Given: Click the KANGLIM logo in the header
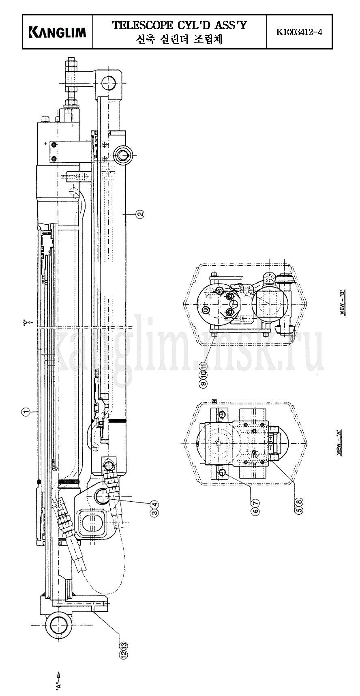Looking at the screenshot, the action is [x=58, y=32].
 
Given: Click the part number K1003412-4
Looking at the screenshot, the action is [x=299, y=32].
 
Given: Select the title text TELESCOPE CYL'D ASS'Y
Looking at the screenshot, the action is [x=179, y=26].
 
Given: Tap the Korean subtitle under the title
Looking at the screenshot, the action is [x=179, y=39].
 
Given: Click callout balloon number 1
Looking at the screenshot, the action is [x=26, y=412].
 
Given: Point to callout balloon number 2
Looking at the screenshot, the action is [x=139, y=214].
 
